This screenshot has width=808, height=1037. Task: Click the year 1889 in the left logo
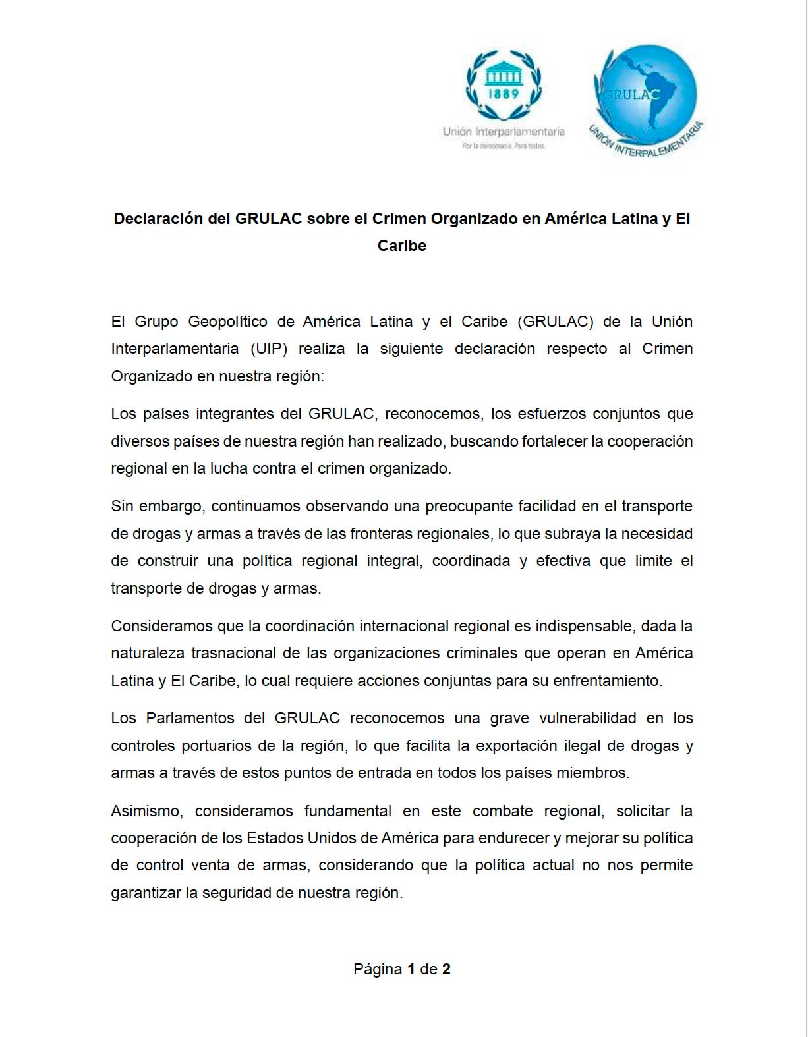(504, 94)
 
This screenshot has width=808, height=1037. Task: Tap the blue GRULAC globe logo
(645, 96)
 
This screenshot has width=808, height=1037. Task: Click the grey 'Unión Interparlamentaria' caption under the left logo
(504, 132)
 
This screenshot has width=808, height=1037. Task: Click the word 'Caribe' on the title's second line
(402, 246)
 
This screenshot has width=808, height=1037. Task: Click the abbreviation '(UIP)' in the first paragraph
(269, 349)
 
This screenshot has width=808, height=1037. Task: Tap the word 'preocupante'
(469, 506)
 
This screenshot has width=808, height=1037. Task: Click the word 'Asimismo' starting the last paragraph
(146, 811)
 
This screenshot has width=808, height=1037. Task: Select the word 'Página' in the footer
(378, 969)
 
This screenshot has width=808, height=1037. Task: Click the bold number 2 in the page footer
(446, 969)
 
